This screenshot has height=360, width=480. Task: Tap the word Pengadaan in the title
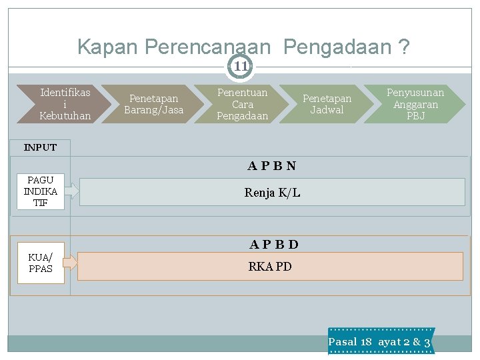point(337,47)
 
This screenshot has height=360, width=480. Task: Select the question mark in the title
point(403,47)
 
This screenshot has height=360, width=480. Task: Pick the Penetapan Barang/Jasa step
point(153,104)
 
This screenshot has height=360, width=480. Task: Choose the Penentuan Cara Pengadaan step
point(242,104)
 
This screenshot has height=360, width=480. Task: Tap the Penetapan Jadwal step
point(327,104)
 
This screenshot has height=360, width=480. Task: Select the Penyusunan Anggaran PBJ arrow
point(415,104)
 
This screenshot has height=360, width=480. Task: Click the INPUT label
point(40,147)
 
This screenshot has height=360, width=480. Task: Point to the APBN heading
point(272,165)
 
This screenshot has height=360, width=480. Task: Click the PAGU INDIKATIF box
point(41,191)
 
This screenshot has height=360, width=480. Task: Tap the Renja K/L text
point(272,193)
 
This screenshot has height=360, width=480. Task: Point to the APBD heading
point(273,244)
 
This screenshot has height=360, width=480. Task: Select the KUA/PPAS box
point(41,263)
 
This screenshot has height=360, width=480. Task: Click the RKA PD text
point(269,267)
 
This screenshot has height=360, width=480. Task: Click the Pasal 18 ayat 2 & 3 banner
point(380,341)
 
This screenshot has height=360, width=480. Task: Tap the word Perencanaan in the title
point(207,47)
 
